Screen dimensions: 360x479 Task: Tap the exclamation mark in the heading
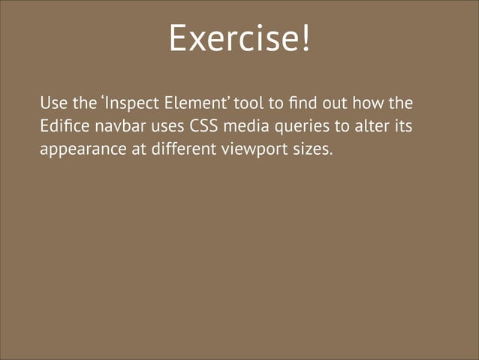(305, 38)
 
